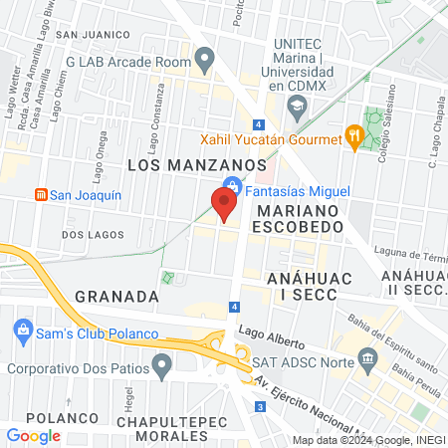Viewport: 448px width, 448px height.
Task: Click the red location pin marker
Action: (x=224, y=204)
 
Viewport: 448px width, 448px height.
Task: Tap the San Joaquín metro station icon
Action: (x=42, y=194)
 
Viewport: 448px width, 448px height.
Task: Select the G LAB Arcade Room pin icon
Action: (x=205, y=60)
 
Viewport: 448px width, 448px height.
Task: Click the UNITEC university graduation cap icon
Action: (x=296, y=105)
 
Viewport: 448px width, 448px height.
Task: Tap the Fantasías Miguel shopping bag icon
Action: (x=231, y=185)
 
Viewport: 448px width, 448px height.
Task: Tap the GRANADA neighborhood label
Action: (x=116, y=297)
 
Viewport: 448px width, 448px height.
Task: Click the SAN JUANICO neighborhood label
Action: (x=95, y=34)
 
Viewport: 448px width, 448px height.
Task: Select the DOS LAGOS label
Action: (x=93, y=235)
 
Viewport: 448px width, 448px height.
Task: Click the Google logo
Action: (x=33, y=435)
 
